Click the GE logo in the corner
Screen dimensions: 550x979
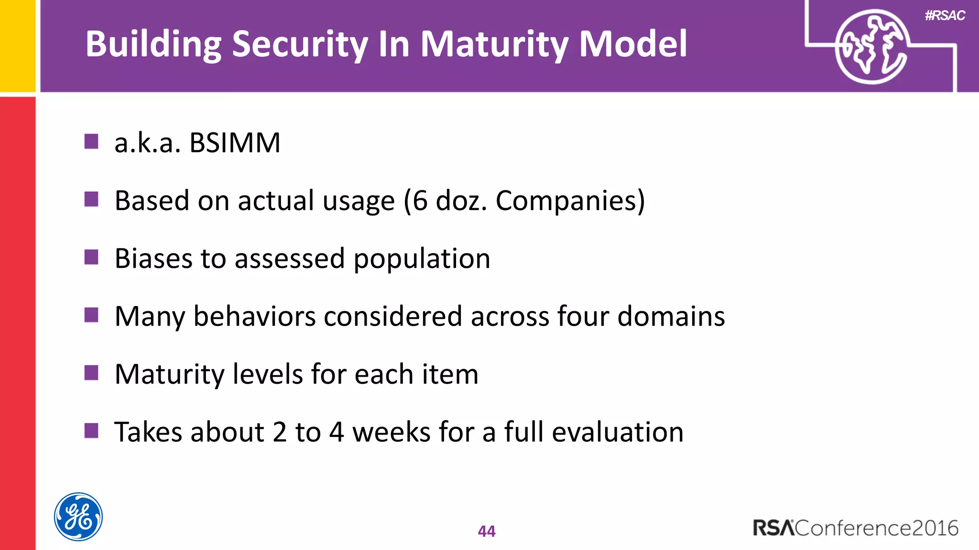point(78,517)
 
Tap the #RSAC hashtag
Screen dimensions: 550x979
point(945,16)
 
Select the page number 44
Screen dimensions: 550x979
point(487,531)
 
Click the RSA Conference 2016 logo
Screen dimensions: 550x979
point(856,528)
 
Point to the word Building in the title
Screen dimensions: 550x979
point(153,44)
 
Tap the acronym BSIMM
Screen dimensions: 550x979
point(235,143)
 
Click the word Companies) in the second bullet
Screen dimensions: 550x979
point(570,201)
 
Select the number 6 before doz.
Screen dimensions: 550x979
point(420,200)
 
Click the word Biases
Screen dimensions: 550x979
point(153,258)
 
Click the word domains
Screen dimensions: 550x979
point(671,317)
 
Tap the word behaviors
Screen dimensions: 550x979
point(254,317)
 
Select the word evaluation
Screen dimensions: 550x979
point(618,432)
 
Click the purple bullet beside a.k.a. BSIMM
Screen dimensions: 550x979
point(91,141)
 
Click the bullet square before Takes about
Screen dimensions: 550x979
point(91,431)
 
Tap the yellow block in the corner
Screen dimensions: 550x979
point(18,45)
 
